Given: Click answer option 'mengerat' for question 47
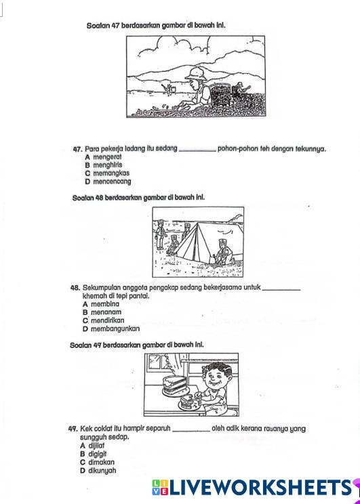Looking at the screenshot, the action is pos(107,157).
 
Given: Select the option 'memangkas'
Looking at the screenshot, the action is pos(111,173).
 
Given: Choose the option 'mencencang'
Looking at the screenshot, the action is pos(112,182).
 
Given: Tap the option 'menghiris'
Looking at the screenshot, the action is pos(107,165).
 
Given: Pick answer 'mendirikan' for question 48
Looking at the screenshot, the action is pos(107,320).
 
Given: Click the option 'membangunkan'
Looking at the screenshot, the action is pos(115,329).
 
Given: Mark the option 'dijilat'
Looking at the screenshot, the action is pos(96,446).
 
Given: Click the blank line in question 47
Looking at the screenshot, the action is pos(197,151).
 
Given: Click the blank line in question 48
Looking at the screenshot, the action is pos(281,290).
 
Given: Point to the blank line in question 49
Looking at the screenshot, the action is pos(191,431).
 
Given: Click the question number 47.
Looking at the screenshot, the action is pos(78,149).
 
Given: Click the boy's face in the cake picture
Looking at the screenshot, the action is pos(216,377).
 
